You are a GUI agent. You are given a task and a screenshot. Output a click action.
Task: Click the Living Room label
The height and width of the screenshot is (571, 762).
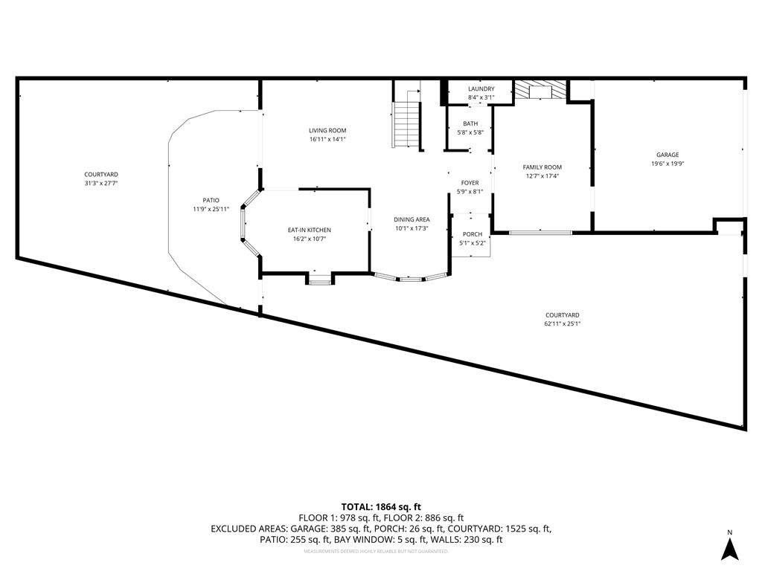coord(327,131)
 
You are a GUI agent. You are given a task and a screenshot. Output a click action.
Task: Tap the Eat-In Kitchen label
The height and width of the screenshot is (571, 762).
coord(310,230)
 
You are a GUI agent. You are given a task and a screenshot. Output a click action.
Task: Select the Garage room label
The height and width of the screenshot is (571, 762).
coord(667,155)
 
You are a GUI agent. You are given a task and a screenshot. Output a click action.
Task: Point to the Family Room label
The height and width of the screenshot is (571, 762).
coord(542,167)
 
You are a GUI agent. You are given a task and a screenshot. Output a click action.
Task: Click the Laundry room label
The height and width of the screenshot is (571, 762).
coord(481,89)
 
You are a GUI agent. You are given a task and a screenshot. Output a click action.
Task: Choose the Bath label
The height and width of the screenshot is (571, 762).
coord(470,124)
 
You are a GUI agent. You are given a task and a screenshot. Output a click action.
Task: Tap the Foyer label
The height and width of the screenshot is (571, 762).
coord(470,183)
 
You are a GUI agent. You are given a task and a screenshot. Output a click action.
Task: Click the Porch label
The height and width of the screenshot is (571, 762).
coord(472,235)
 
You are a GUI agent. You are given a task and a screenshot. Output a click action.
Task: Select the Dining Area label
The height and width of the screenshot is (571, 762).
coord(412,219)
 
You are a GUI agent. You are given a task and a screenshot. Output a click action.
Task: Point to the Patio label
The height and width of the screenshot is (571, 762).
coord(211,200)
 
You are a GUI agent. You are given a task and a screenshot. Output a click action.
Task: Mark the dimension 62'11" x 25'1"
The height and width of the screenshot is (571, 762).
coord(562,323)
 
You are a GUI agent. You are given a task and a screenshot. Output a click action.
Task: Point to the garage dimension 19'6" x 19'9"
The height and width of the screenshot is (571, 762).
coord(667,164)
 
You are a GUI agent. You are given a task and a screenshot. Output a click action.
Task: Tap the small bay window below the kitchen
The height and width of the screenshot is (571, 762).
coord(320,280)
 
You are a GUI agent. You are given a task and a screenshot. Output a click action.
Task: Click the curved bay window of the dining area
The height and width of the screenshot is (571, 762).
coord(411,279)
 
